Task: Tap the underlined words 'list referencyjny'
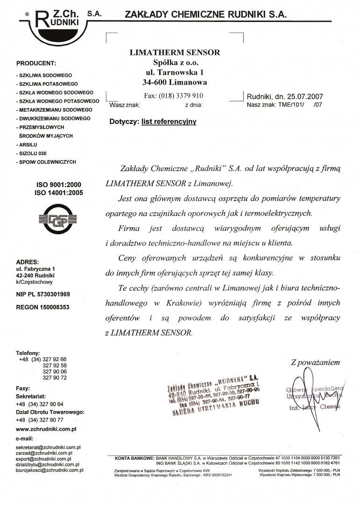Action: click(x=169, y=122)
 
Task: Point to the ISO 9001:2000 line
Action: click(x=59, y=185)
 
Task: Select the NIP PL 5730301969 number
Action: click(x=43, y=294)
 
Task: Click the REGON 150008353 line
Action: click(x=43, y=307)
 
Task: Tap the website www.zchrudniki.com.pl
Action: click(x=46, y=428)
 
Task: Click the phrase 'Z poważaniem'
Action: click(x=315, y=362)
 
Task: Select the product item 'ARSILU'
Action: click(x=28, y=144)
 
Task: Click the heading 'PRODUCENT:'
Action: click(x=36, y=63)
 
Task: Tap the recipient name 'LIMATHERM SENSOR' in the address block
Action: click(x=174, y=52)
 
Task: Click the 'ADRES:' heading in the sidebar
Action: click(x=28, y=262)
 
